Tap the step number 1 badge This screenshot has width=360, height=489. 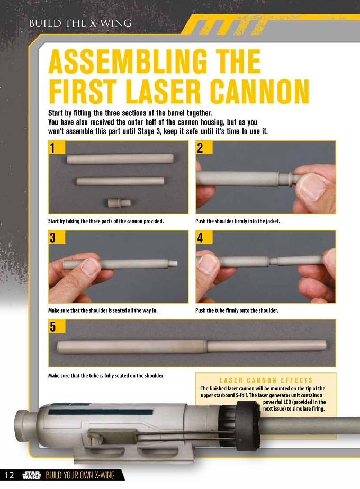[x=57, y=147]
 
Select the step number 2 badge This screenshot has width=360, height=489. [x=204, y=147]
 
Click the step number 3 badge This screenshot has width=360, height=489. [x=57, y=237]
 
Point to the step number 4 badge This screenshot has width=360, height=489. [x=204, y=237]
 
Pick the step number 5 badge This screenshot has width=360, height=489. [x=57, y=326]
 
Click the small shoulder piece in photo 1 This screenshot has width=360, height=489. [x=119, y=203]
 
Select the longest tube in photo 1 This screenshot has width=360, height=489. [x=120, y=159]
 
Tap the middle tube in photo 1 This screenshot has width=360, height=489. [x=120, y=181]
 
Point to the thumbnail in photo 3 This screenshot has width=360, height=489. [x=89, y=267]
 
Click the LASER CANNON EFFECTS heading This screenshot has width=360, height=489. [x=266, y=380]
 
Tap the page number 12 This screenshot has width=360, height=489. [x=10, y=475]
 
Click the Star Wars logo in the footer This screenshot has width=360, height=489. [x=32, y=475]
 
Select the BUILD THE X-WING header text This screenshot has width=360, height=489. [x=80, y=23]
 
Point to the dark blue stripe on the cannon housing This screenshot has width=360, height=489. [x=101, y=412]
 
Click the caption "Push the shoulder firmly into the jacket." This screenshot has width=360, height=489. [x=238, y=221]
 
